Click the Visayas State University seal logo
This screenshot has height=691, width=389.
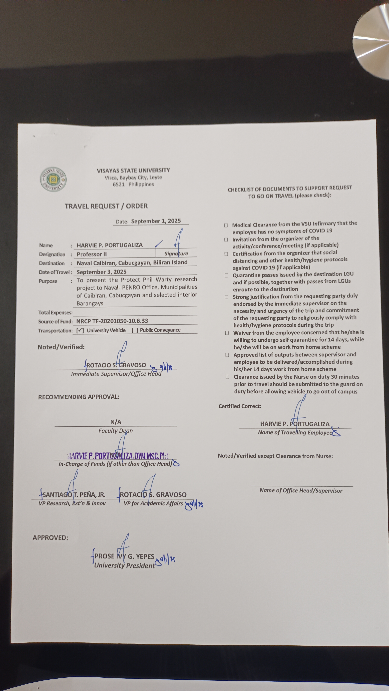point(53,179)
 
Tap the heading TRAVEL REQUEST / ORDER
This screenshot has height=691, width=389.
point(106,206)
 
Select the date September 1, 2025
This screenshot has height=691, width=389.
point(156,221)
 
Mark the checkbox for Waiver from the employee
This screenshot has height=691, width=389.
point(227,333)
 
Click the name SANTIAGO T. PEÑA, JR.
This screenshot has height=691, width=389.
point(74,494)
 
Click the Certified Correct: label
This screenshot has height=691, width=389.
point(240,406)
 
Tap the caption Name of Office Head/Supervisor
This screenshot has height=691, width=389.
point(301,490)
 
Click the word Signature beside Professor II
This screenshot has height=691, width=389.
point(176,253)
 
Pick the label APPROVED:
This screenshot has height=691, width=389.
point(50,538)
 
